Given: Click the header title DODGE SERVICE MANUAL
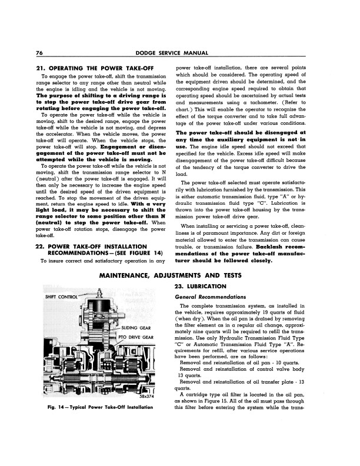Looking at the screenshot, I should coord(179,54).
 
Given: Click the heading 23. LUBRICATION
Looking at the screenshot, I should coord(201,286).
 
